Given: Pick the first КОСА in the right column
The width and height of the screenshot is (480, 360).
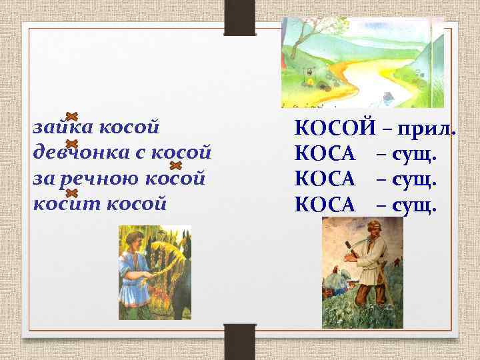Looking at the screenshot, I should [325, 155].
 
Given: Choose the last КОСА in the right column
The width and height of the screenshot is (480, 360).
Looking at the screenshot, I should [325, 206].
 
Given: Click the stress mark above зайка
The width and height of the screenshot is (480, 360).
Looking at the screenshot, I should [73, 116].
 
